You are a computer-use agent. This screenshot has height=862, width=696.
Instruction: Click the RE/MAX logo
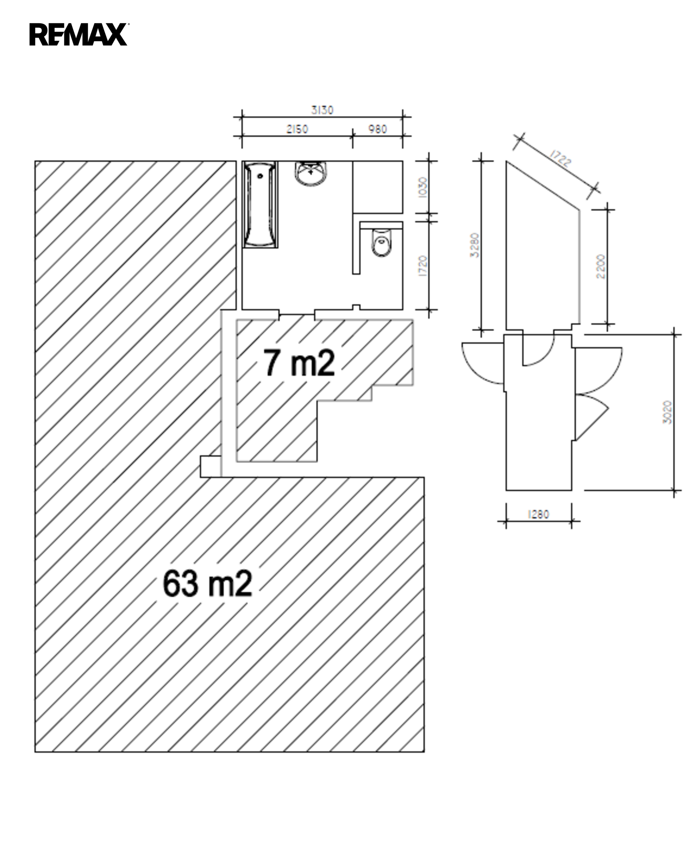click(79, 34)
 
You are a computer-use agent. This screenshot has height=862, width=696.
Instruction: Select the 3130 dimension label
click(322, 110)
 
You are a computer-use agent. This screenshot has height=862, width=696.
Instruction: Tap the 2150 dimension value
click(297, 129)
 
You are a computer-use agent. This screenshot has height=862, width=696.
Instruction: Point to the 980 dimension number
click(378, 129)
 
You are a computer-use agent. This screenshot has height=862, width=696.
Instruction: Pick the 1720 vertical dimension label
click(423, 266)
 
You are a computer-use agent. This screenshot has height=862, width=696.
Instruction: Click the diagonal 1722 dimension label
click(560, 158)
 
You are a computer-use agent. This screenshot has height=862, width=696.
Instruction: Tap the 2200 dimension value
click(600, 266)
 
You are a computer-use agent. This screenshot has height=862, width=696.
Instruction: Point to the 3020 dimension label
click(667, 412)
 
